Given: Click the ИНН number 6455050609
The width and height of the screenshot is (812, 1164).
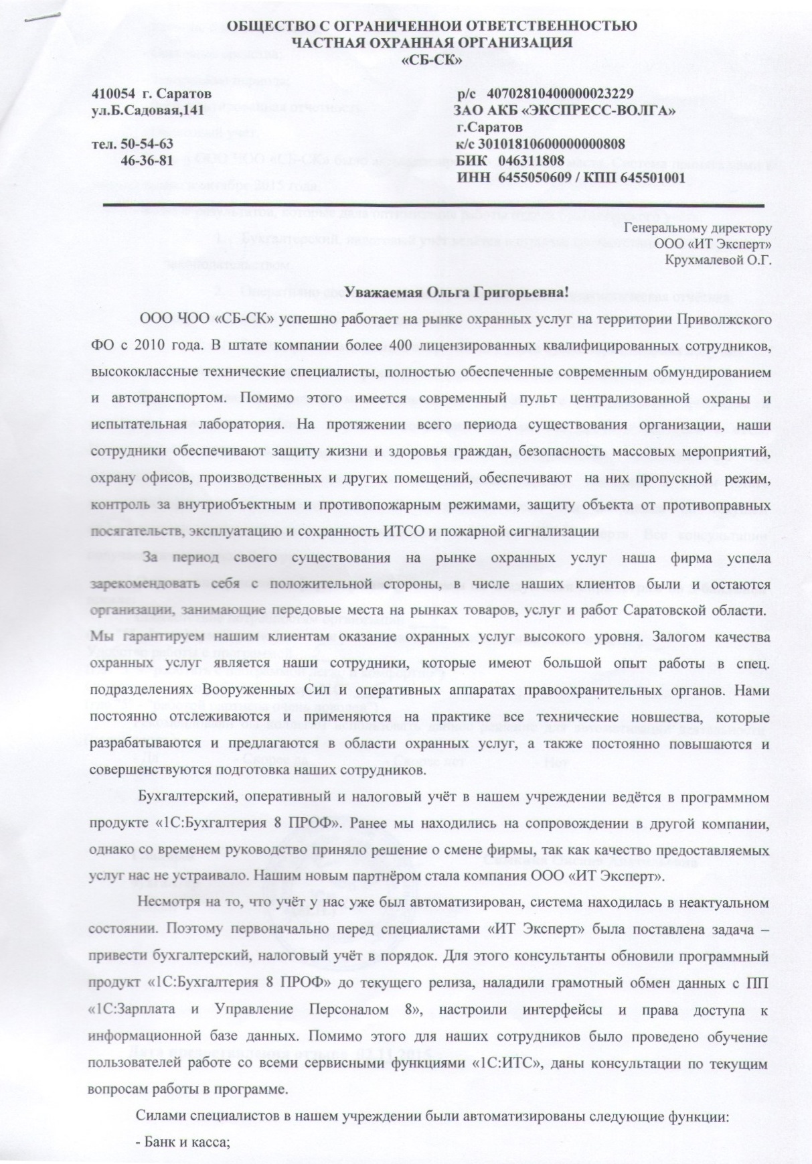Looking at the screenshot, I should (524, 178).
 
